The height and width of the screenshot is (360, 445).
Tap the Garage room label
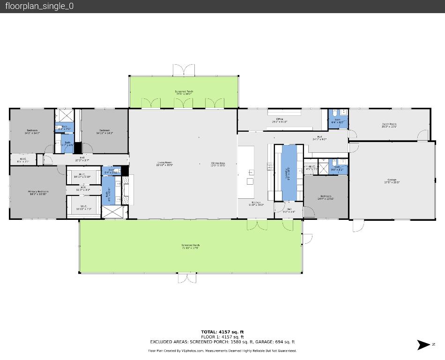click(x=392, y=181)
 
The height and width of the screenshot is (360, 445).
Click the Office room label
click(x=280, y=120)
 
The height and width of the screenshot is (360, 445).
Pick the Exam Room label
click(x=389, y=125)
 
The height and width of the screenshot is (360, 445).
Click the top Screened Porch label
click(x=184, y=93)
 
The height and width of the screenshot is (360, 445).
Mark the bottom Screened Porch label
click(x=191, y=247)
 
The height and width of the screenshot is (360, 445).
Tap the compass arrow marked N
click(x=423, y=345)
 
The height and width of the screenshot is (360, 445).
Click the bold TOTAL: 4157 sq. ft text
click(x=222, y=332)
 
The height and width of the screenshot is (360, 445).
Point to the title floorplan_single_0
click(x=39, y=6)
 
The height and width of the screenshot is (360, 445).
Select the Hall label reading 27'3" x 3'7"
click(x=82, y=159)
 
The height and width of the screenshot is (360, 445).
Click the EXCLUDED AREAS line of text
click(x=222, y=342)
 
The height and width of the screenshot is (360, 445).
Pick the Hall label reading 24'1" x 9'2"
click(x=319, y=138)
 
